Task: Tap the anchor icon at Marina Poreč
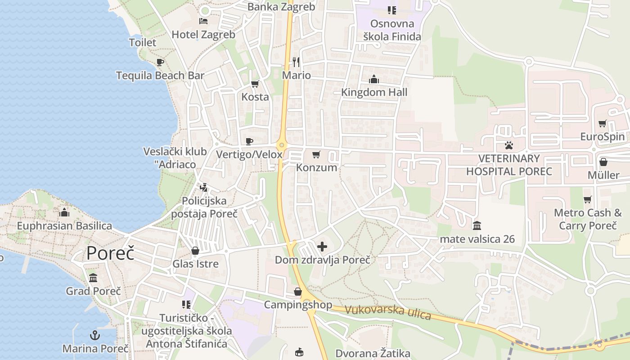pos(95,335)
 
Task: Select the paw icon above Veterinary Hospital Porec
pos(509,145)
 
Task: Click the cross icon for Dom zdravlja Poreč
pos(322,247)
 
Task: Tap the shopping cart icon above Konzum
pos(316,155)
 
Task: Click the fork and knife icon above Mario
pos(296,62)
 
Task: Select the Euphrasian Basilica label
pos(64,225)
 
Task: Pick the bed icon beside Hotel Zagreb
pos(203,21)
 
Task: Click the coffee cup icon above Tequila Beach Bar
pos(160,63)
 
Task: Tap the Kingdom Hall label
pos(374,92)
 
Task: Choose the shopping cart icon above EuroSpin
pos(602,124)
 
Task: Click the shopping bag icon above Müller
pos(603,162)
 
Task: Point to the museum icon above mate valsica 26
pos(477,225)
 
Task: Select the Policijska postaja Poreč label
pos(204,207)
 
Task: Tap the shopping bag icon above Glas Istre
pos(195,251)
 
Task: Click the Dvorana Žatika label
pos(367,353)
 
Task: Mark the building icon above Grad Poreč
pos(93,278)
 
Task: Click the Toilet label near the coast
pos(143,43)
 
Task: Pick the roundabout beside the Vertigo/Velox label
pos(282,145)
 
